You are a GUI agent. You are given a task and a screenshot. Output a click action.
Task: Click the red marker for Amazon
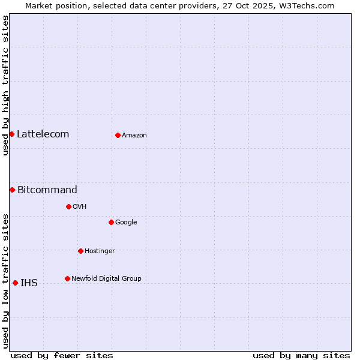point(118,135)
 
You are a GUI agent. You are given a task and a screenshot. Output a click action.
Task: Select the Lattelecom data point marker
point(11,134)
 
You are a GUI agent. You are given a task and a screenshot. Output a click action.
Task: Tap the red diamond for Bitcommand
point(12,190)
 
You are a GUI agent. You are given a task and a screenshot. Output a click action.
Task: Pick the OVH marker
point(68,206)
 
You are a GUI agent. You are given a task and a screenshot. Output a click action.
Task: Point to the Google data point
point(111,222)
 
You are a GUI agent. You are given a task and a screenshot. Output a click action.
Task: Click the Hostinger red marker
point(80,251)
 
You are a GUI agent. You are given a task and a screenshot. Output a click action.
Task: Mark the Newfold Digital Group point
point(67,278)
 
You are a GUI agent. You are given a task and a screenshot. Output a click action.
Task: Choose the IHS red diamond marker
point(15,283)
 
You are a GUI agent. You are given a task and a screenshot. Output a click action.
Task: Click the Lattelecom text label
point(43,134)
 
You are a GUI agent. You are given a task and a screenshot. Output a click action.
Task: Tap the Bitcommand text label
point(47,190)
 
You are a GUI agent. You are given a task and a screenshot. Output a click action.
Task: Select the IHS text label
point(29,283)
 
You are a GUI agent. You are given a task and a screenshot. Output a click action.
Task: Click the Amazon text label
point(134,136)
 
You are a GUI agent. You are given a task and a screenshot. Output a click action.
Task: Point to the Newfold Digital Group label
point(106,278)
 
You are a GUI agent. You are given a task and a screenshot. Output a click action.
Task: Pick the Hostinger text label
point(100,251)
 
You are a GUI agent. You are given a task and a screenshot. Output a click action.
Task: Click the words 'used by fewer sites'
point(62,355)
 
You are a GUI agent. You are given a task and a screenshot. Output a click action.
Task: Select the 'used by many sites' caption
point(301,355)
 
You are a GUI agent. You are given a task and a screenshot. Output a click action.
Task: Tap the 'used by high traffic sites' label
point(5,85)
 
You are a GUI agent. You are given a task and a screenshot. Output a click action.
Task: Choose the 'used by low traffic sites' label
point(5,280)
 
